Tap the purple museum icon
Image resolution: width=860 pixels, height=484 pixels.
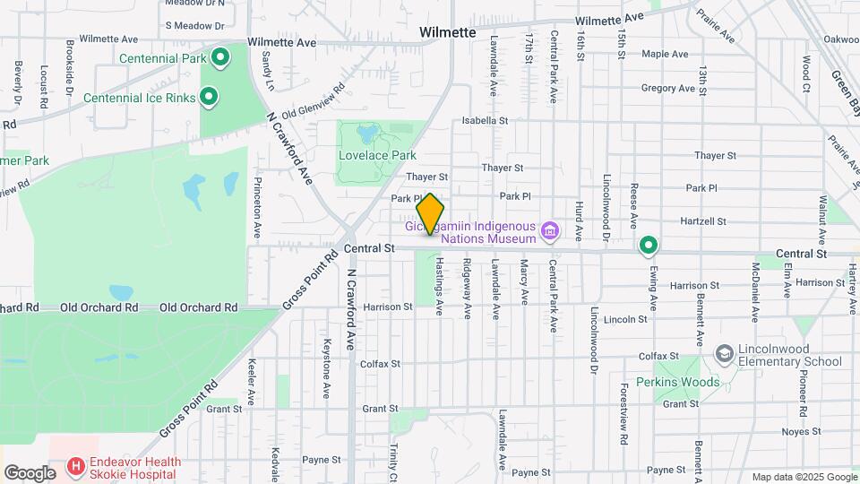tap(550, 233)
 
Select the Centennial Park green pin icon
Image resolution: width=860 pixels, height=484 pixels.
tap(219, 59)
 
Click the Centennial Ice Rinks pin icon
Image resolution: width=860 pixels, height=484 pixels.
tap(209, 97)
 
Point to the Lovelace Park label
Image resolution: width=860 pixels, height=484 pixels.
tap(377, 155)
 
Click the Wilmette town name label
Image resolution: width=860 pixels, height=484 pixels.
tap(448, 32)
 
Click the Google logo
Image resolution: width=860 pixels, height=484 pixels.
tap(30, 472)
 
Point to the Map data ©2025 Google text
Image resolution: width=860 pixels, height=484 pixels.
tap(803, 477)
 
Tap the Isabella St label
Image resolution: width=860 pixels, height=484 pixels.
tap(485, 120)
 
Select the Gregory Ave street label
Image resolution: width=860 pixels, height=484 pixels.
tap(668, 89)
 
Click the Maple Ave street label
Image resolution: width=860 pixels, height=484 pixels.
tap(665, 55)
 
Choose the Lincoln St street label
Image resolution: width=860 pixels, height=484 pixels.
tap(625, 319)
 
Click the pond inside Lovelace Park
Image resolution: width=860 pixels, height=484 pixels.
tap(365, 134)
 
